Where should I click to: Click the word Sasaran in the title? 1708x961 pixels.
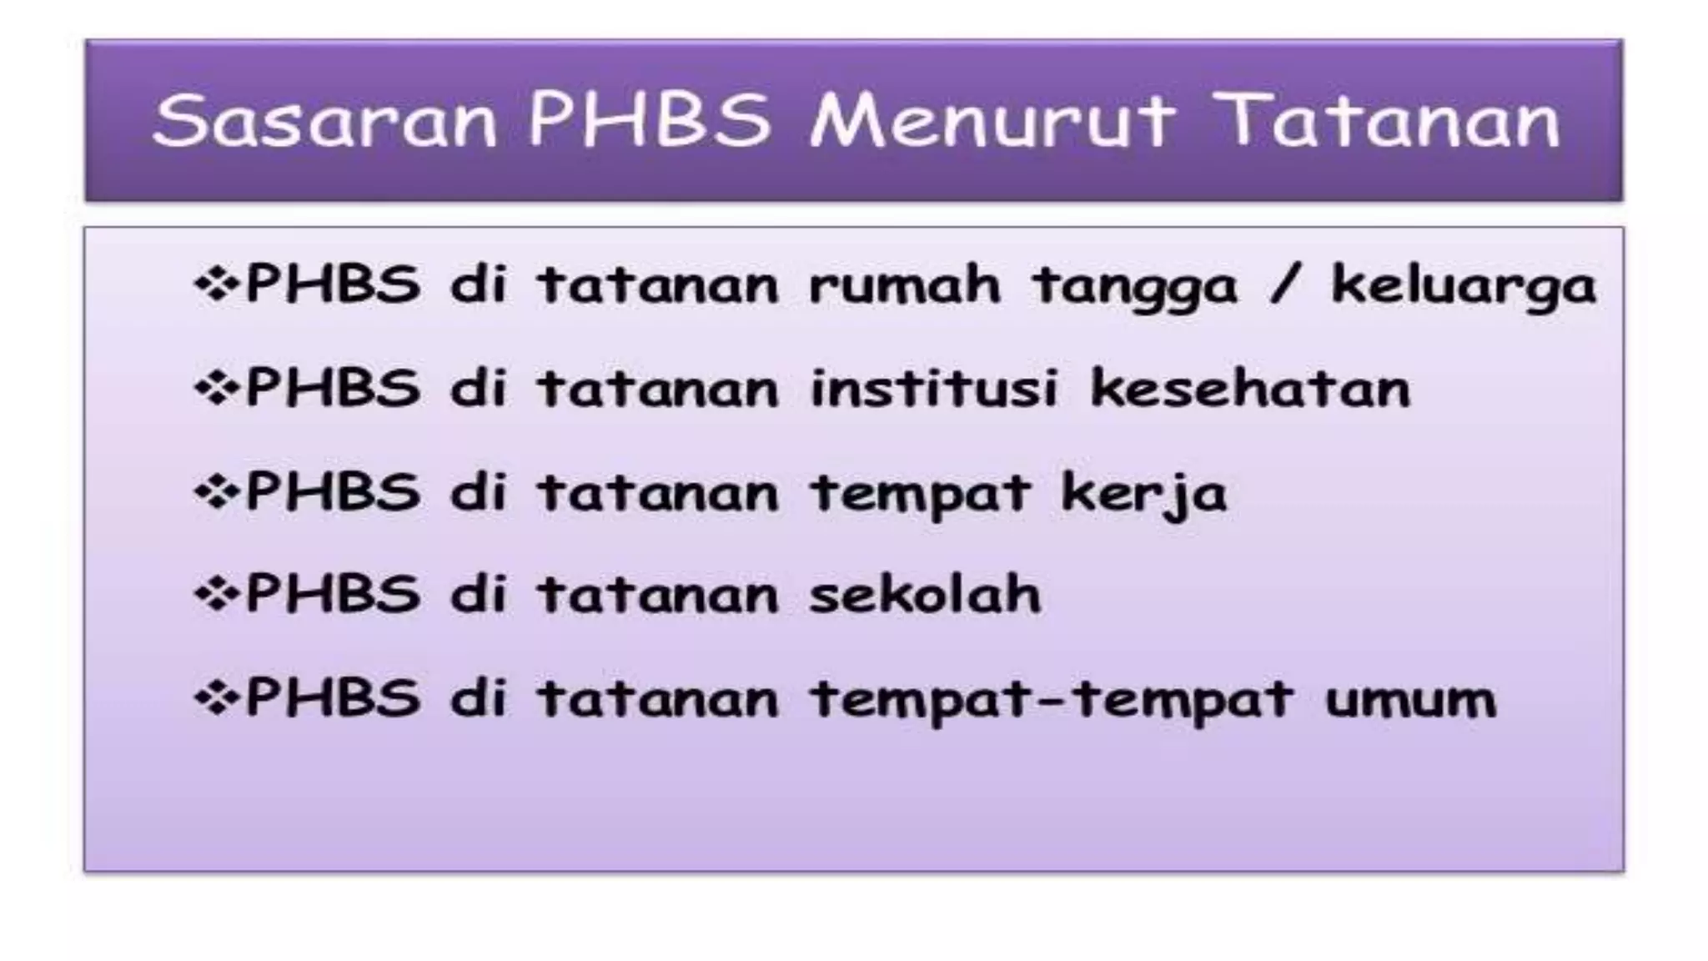325,121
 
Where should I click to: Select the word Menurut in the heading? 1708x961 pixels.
992,121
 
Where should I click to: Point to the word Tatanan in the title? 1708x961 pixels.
1385,121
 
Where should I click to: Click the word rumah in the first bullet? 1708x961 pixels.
904,284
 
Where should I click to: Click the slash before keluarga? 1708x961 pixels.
1284,284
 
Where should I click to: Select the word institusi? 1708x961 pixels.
934,389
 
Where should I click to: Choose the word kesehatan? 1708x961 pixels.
1250,389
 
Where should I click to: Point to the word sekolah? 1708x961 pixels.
926,595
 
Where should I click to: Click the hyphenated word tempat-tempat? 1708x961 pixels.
1052,699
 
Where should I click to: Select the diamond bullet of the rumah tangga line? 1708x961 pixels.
216,284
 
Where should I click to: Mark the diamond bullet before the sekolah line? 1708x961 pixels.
216,595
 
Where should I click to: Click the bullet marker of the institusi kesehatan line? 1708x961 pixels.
216,389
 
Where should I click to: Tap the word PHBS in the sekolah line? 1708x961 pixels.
333,595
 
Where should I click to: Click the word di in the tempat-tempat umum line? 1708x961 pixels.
479,697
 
